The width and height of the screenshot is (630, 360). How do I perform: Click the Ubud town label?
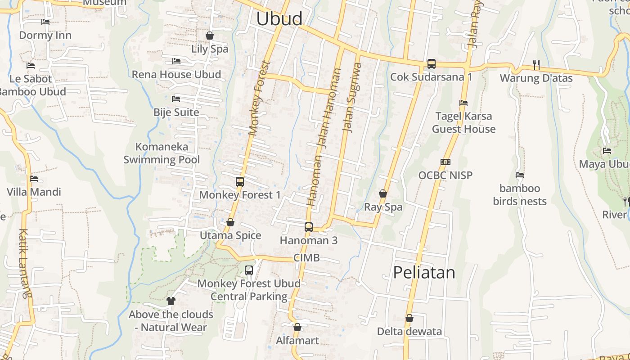pos(279,19)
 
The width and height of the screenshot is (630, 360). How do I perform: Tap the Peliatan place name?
pos(424,273)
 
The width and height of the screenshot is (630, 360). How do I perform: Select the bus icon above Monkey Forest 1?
pos(240,182)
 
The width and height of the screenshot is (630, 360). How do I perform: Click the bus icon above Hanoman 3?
pos(309,227)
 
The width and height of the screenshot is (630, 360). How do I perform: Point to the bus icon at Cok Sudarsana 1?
pos(432,64)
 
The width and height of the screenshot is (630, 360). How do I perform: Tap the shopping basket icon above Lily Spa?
pos(210,36)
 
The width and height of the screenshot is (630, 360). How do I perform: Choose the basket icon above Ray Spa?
pos(383,194)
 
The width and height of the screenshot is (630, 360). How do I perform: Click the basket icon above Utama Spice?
pos(230,223)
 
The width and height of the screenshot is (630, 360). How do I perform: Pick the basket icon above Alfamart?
pos(297,327)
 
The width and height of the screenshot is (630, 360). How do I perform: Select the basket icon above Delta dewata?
pos(409,319)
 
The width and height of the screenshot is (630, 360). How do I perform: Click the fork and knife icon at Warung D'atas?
pos(536,65)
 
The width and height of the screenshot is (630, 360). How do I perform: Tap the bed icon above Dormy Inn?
pos(45,22)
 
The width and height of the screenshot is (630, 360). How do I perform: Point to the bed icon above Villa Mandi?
pos(34,179)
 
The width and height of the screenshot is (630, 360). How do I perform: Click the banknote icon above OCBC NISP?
pos(445,162)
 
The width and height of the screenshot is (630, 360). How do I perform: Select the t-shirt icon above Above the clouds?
pos(171,301)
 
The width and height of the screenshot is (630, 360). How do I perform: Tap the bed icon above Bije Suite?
pos(176,99)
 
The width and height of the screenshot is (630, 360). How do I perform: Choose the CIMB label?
pos(306,258)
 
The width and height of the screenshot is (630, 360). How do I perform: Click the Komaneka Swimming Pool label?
pos(162,153)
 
